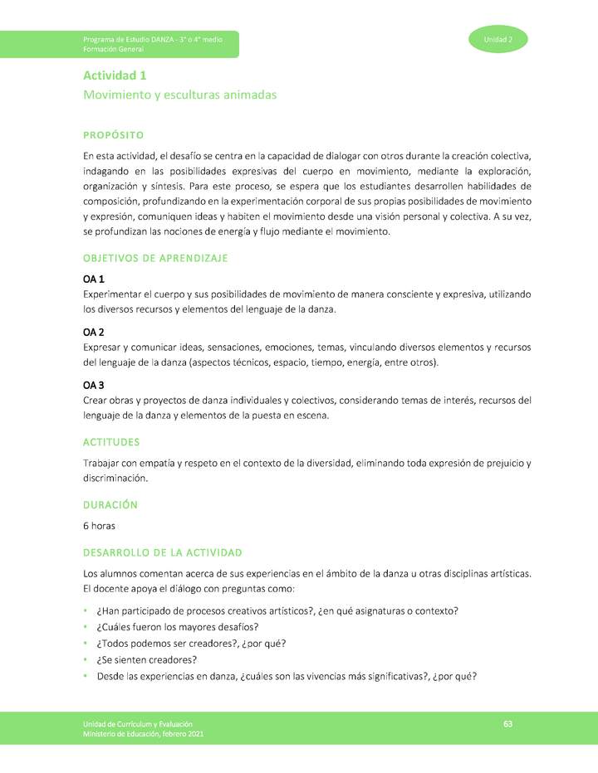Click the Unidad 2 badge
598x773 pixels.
498,39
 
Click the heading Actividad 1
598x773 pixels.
115,75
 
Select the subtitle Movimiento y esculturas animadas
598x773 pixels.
179,95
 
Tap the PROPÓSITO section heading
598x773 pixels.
114,135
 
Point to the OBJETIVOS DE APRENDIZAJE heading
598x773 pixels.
155,259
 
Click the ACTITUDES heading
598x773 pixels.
111,442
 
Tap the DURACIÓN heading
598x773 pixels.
110,504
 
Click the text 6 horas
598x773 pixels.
99,526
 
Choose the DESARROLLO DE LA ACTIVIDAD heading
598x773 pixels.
163,552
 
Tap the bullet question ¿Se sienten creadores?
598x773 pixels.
147,659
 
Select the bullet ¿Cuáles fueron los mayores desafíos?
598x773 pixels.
178,627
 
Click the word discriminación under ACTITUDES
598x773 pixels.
115,478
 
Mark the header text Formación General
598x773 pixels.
108,50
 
